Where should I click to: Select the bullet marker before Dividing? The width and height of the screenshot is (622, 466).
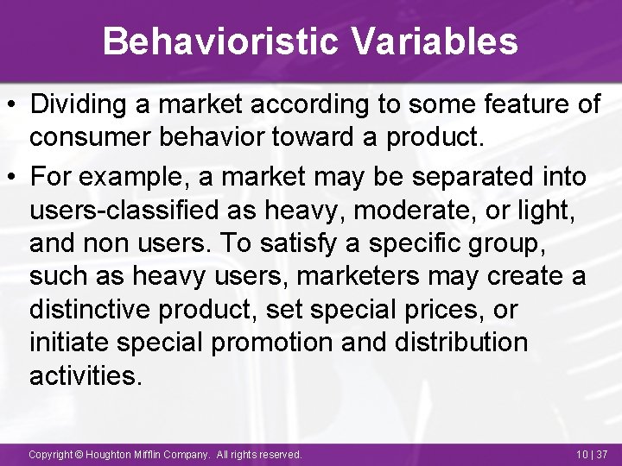click(15, 105)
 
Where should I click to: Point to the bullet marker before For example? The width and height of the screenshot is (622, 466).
click(15, 178)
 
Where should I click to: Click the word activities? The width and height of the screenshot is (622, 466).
click(85, 375)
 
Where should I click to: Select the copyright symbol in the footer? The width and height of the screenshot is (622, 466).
click(79, 454)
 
